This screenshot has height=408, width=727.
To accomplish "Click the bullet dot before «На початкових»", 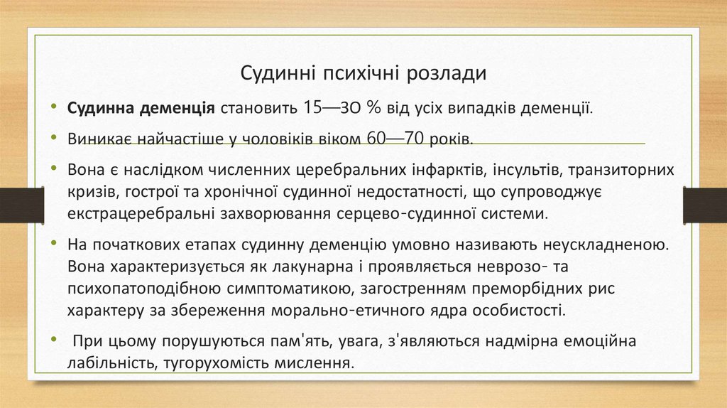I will click(x=55, y=243).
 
